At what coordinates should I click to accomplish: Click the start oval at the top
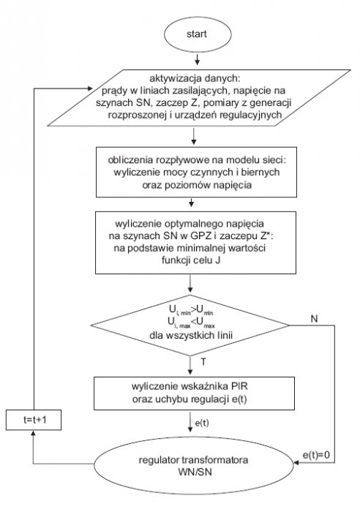198,34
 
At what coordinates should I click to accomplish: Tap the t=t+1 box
34,420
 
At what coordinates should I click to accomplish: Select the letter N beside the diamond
314,319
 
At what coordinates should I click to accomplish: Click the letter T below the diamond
203,362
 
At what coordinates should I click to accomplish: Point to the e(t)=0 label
316,455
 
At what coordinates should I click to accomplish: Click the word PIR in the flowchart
239,386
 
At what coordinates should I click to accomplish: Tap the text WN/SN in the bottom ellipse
195,472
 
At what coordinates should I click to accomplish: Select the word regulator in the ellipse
159,460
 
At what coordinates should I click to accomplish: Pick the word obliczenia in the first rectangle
131,160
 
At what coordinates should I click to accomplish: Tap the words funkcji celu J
191,260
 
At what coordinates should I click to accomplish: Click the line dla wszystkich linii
191,335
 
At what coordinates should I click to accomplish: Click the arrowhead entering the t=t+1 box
33,433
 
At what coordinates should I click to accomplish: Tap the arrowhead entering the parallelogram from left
89,89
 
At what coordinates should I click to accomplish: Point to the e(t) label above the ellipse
202,423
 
